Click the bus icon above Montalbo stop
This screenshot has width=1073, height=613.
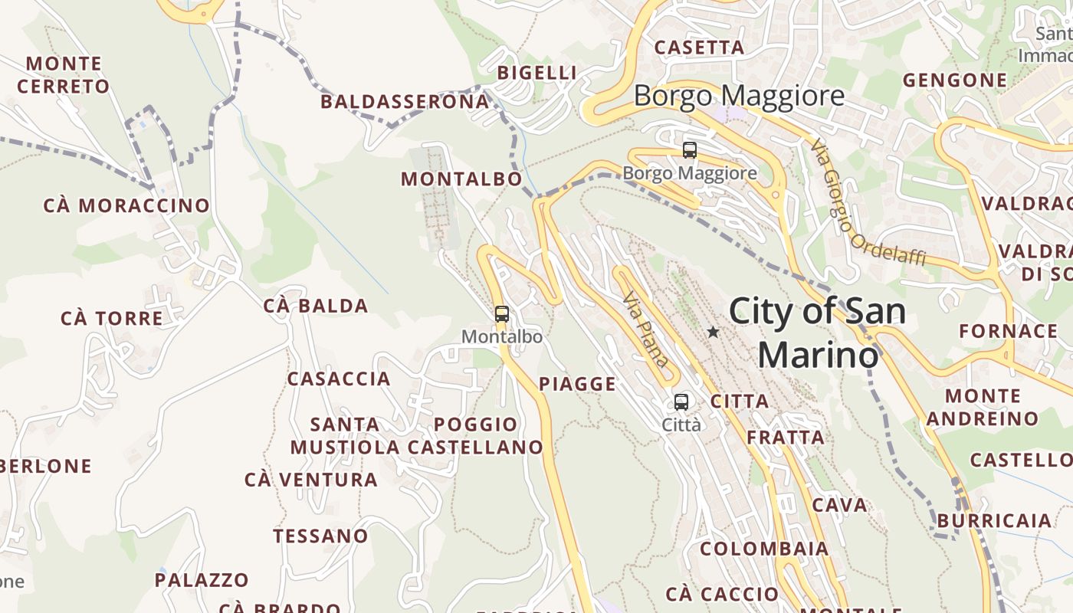502,314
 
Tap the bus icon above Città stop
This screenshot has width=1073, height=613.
681,402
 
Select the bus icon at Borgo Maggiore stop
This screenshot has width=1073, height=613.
690,150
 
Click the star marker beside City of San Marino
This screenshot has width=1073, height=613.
713,333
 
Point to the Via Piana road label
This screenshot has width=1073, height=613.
646,329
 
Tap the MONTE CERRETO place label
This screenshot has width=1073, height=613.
64,75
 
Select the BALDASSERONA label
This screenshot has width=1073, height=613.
405,102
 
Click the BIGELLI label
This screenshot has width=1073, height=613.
536,74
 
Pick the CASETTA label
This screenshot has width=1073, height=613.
699,48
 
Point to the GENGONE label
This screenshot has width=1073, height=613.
954,80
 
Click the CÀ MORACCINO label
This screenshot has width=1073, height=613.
126,206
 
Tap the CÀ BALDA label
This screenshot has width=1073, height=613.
316,306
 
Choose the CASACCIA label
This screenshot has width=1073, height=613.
339,379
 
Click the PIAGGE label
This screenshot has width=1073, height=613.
578,385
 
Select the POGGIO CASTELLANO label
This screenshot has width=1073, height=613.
475,436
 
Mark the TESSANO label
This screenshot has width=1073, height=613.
320,536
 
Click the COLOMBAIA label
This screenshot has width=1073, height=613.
764,549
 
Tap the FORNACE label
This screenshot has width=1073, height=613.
1008,332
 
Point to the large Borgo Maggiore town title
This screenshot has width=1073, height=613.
739,97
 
